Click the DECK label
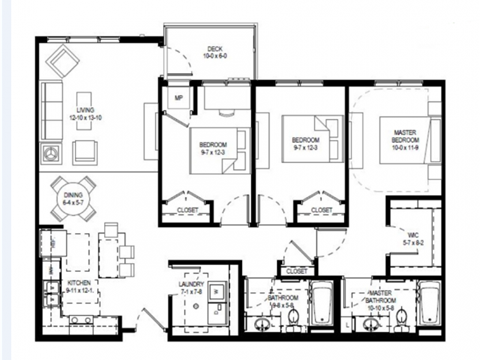coord(214,48)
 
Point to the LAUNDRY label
coord(191,284)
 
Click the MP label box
coord(179,98)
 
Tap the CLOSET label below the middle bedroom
coord(322,210)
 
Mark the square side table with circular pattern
coord(50,153)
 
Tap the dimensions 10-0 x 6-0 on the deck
coord(214,57)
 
